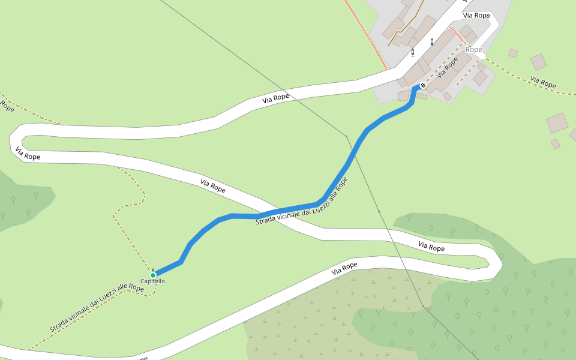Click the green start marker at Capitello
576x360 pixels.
[x=153, y=275]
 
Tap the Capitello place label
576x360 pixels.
[x=153, y=281]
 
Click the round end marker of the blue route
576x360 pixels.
[x=423, y=86]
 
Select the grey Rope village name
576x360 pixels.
[x=474, y=50]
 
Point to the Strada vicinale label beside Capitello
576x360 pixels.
[x=97, y=308]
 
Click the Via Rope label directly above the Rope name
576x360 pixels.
[x=478, y=16]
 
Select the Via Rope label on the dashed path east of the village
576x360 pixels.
[x=543, y=82]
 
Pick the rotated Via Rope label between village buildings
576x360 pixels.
[x=448, y=67]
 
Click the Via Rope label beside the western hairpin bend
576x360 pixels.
[x=28, y=154]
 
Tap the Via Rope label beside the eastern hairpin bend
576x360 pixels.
[x=431, y=247]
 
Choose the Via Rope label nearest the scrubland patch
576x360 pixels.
[x=344, y=268]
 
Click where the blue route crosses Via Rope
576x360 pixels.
[x=276, y=213]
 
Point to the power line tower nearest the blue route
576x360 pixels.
[x=347, y=136]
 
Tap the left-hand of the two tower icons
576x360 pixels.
[x=413, y=52]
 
